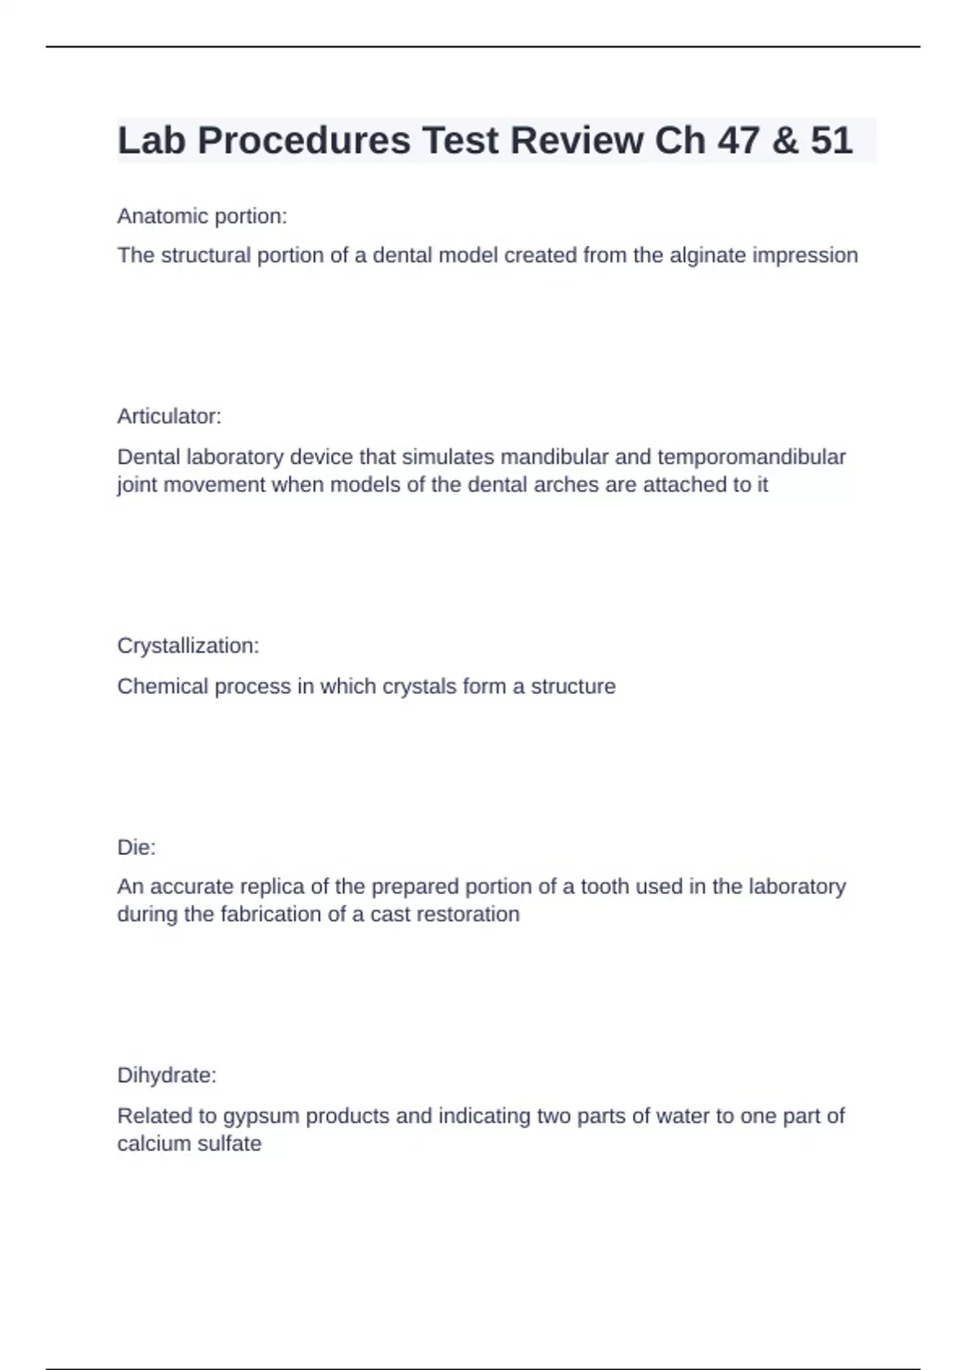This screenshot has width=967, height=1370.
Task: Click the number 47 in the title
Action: point(738,140)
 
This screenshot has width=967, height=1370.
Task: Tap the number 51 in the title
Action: point(831,140)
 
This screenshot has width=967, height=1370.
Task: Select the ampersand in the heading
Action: point(785,140)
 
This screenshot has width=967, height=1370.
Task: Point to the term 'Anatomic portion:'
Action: point(202,216)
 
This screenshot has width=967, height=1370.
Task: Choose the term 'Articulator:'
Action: point(169,416)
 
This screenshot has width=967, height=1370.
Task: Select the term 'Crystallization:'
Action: point(189,646)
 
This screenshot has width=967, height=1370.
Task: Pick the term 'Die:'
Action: point(136,847)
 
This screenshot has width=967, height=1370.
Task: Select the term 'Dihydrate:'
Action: point(167,1075)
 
